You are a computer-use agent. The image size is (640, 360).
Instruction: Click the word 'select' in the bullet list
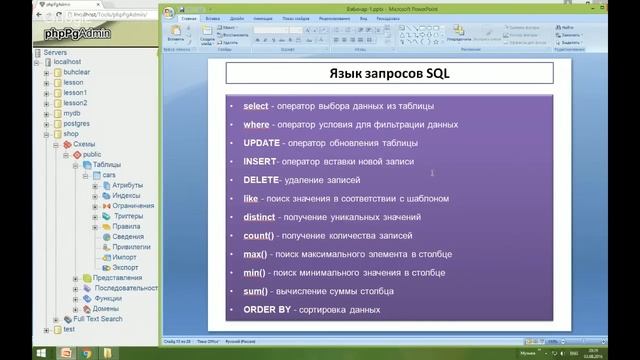[x=256, y=106]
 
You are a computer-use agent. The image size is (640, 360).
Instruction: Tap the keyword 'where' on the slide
[x=256, y=125]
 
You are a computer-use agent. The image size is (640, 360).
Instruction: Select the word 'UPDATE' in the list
[x=261, y=143]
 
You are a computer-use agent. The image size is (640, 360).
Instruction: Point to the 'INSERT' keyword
[x=260, y=161]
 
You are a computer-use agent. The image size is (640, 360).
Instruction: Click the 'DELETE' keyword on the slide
[x=261, y=180]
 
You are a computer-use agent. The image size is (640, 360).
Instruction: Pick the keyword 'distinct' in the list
[x=260, y=217]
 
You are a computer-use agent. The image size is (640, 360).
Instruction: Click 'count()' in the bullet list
[x=258, y=235]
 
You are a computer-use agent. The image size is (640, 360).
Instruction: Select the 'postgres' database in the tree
[x=80, y=123]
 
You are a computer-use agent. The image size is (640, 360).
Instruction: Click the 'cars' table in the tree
[x=109, y=174]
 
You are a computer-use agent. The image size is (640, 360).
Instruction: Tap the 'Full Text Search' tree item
[x=97, y=318]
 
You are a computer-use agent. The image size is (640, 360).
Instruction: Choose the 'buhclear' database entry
[x=80, y=72]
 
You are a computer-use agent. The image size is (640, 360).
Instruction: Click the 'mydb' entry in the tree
[x=73, y=113]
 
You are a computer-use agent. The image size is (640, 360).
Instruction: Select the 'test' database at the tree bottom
[x=69, y=328]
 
